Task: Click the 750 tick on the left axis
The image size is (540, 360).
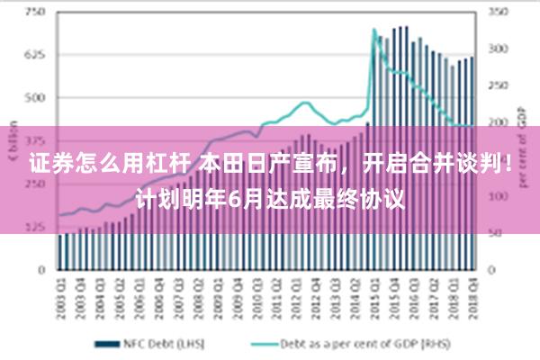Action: [x=36, y=13]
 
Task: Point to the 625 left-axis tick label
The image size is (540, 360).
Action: [x=36, y=55]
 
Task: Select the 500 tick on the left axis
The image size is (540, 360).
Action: [x=36, y=97]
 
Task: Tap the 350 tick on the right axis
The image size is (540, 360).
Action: [x=498, y=13]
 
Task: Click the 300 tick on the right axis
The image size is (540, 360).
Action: [x=498, y=49]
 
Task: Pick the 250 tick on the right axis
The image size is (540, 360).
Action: [x=498, y=85]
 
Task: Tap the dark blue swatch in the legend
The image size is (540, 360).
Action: [x=108, y=343]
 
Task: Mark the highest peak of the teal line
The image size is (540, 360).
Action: [x=374, y=30]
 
